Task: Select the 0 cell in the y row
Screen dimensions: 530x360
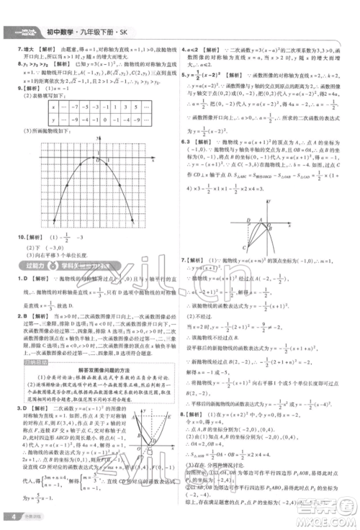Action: [106, 120]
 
